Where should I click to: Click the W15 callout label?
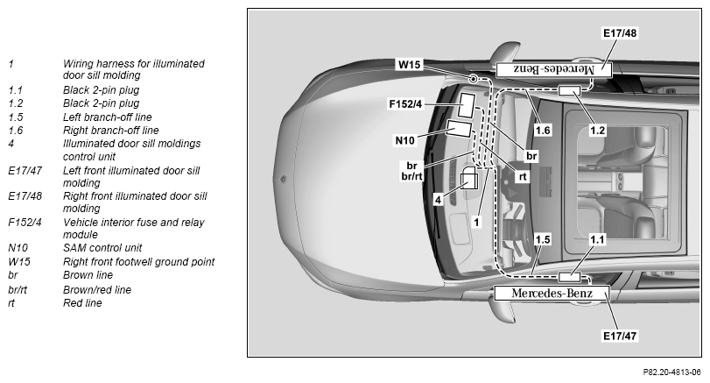(410, 64)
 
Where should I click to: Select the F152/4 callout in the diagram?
(405, 104)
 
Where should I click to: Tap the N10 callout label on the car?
(404, 140)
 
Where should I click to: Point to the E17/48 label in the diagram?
(620, 33)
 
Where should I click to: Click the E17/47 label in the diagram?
(620, 336)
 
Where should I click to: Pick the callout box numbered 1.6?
(543, 131)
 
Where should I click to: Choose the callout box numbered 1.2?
(597, 131)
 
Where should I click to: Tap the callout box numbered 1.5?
(543, 239)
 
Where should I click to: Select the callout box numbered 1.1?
(597, 239)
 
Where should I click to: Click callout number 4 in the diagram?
(438, 200)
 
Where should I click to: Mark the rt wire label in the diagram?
(523, 177)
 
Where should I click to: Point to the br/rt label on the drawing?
(411, 176)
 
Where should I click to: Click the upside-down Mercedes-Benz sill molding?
(554, 70)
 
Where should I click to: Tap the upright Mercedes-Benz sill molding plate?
(552, 294)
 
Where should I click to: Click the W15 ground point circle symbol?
(473, 80)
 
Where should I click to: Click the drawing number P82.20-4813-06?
(671, 372)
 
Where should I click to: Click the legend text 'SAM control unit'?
(102, 248)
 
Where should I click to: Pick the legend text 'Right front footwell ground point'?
(138, 262)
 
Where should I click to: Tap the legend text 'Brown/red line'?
(97, 289)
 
